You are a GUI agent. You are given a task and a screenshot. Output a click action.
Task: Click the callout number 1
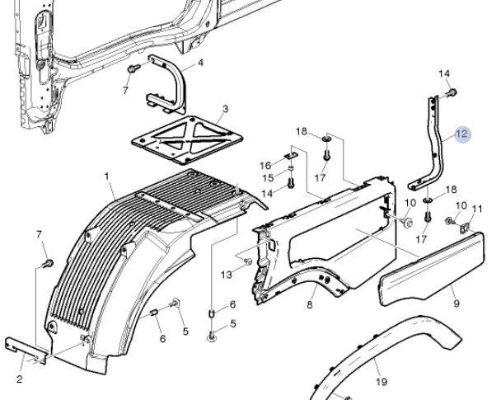pos(107,176)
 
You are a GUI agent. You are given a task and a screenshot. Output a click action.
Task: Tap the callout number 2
pos(19,379)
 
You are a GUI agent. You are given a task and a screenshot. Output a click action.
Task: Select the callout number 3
pos(225,109)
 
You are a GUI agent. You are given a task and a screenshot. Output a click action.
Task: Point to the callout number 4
pos(200,63)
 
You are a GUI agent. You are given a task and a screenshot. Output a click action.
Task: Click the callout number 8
pos(309,306)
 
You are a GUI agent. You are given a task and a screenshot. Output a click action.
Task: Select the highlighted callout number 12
pos(462,134)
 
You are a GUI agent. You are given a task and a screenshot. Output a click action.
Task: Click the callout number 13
pos(227,274)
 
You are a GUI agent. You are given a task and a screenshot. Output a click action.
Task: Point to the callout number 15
pos(266,178)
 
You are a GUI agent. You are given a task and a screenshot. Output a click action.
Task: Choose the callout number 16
pos(265,165)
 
